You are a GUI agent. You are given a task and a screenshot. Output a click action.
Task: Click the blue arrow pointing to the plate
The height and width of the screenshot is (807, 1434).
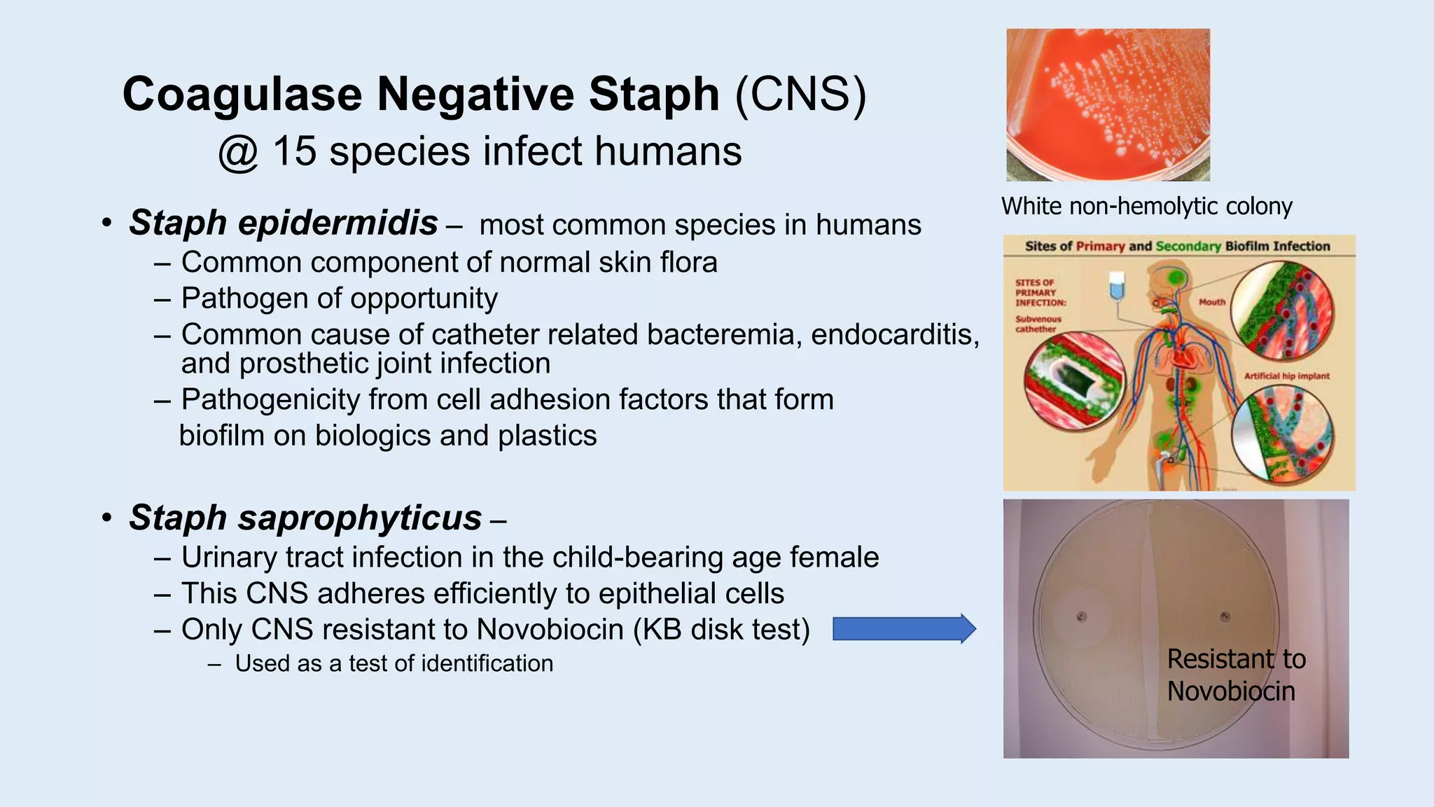click(x=903, y=628)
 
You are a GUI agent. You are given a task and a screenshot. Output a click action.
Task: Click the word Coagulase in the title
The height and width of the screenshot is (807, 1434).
click(x=242, y=94)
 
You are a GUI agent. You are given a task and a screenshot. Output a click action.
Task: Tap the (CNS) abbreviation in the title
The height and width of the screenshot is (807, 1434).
click(x=800, y=94)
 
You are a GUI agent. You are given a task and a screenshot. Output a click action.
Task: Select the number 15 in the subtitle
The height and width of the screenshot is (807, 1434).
click(x=294, y=151)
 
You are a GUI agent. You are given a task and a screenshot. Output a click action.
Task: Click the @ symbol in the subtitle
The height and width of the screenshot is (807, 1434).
click(x=238, y=153)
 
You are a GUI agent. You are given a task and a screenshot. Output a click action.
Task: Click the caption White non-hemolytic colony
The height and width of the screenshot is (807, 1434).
click(x=1146, y=206)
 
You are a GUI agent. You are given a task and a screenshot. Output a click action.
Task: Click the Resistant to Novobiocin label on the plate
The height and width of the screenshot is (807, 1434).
click(x=1235, y=675)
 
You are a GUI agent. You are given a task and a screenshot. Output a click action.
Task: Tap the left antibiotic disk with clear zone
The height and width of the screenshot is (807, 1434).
click(x=1081, y=617)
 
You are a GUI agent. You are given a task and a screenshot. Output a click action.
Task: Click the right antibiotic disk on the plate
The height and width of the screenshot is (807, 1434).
click(x=1225, y=616)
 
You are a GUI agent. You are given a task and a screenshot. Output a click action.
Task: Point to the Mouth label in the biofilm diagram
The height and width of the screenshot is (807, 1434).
click(x=1212, y=302)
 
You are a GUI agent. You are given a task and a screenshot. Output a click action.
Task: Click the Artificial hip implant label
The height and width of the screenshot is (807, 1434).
click(x=1286, y=376)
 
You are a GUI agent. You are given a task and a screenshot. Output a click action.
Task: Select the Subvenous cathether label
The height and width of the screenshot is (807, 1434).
click(x=1038, y=324)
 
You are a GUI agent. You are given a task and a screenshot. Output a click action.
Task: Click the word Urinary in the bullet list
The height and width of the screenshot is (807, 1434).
click(x=225, y=558)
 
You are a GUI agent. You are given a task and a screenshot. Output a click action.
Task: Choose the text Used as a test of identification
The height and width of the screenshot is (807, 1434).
click(x=394, y=663)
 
